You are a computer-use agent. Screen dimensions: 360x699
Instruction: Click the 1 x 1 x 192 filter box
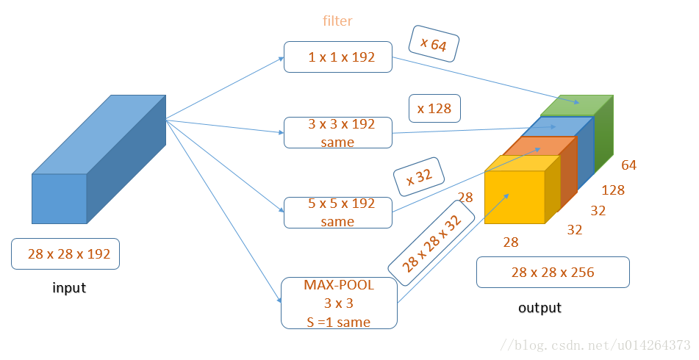(x=337, y=57)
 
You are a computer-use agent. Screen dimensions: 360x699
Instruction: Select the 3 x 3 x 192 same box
(x=337, y=132)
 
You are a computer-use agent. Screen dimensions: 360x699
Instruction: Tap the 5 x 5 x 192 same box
(x=337, y=212)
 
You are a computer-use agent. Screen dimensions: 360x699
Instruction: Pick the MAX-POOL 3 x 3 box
(x=339, y=303)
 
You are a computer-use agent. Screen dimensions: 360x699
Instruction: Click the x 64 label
(x=433, y=45)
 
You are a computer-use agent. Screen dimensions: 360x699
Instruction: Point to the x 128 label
(x=434, y=108)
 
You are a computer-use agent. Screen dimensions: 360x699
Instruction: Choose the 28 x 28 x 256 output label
(x=553, y=273)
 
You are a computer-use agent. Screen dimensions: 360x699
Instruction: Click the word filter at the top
(x=337, y=21)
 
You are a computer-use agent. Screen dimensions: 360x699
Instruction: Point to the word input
(x=69, y=288)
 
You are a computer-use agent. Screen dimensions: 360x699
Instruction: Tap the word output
(x=540, y=307)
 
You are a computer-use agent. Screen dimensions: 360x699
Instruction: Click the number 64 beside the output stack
(x=628, y=165)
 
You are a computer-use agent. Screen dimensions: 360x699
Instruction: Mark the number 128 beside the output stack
(x=612, y=190)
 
